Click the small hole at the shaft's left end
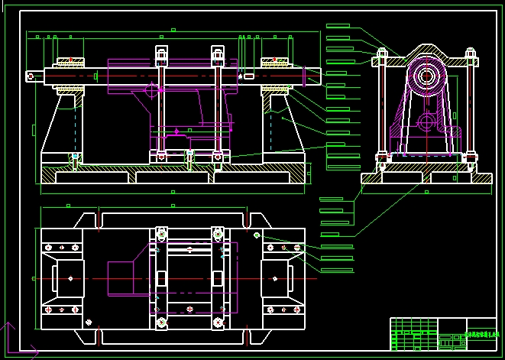31,76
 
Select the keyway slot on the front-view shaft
249,76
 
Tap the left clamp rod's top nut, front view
161,54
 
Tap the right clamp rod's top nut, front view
218,54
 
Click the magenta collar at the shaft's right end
306,76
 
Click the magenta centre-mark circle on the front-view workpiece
151,89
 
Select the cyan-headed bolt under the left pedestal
75,158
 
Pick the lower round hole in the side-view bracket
426,122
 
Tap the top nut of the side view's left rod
382,54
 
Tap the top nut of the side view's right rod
470,54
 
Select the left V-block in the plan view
67,278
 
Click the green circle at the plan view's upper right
257,235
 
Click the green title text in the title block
480,334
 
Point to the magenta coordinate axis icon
9,340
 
